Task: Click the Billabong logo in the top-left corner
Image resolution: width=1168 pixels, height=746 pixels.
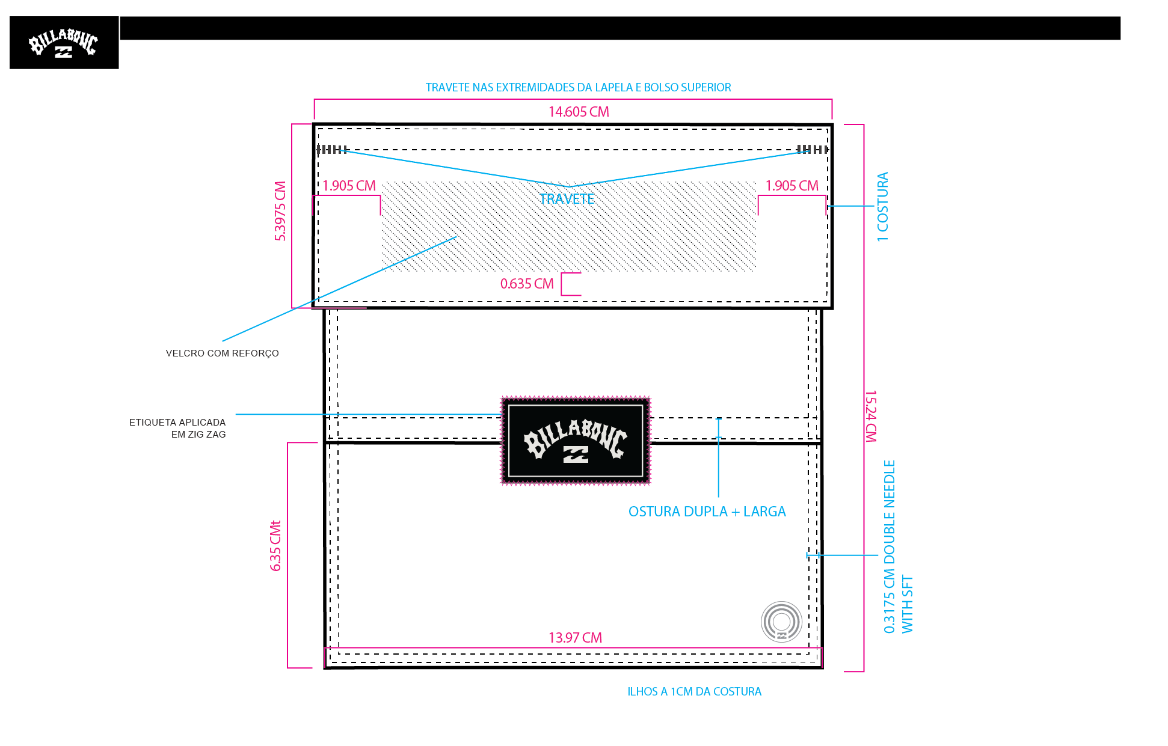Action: [x=64, y=43]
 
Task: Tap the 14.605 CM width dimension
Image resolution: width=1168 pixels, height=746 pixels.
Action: [x=579, y=112]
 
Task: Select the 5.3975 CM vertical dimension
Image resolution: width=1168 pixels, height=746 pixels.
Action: [x=280, y=211]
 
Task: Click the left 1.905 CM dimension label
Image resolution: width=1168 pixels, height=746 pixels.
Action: [x=349, y=186]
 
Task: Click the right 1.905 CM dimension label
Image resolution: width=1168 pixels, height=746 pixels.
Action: [x=791, y=186]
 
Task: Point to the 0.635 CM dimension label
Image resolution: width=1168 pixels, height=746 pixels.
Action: [x=527, y=284]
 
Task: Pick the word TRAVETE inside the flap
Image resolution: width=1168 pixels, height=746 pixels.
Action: [x=567, y=199]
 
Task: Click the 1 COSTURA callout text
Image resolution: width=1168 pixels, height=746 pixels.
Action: [x=882, y=207]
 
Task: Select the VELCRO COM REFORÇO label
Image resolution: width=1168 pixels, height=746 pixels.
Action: [x=223, y=353]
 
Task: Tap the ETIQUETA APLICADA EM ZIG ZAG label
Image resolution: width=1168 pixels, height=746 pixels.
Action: [x=177, y=428]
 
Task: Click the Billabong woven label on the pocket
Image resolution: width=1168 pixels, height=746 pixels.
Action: [x=576, y=441]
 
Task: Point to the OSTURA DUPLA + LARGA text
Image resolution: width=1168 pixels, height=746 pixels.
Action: [x=707, y=512]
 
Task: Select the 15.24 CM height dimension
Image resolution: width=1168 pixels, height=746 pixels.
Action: [x=871, y=416]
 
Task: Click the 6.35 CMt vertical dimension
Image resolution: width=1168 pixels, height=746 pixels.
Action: [x=275, y=545]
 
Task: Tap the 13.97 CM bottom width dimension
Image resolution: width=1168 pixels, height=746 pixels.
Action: [x=575, y=638]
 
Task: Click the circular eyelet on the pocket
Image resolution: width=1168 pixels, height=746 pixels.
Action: [x=781, y=622]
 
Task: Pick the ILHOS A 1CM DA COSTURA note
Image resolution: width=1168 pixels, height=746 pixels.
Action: [x=695, y=692]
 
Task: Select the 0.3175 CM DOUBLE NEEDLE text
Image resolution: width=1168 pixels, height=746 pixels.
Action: [x=890, y=546]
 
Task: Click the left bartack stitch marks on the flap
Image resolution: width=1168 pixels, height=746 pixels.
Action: [x=332, y=149]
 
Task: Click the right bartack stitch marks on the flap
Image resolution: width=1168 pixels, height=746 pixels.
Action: [x=813, y=149]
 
